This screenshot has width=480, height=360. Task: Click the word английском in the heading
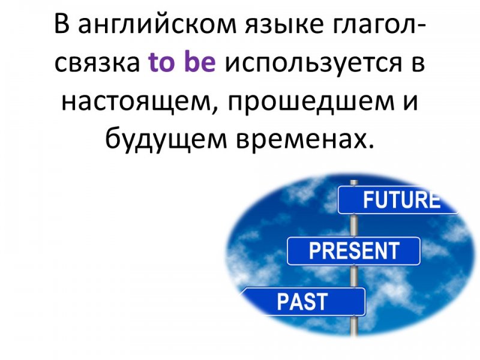[158, 24]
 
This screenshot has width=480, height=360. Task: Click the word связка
[97, 63]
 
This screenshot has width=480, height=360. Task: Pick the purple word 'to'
[162, 62]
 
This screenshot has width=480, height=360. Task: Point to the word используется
[313, 64]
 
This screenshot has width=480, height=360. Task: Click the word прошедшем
[311, 103]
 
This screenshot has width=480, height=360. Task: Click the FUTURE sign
[398, 200]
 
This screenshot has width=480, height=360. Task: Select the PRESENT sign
[354, 251]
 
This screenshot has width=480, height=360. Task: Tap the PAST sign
[303, 302]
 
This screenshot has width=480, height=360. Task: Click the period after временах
[371, 146]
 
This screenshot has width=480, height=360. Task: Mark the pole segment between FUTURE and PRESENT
[354, 226]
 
